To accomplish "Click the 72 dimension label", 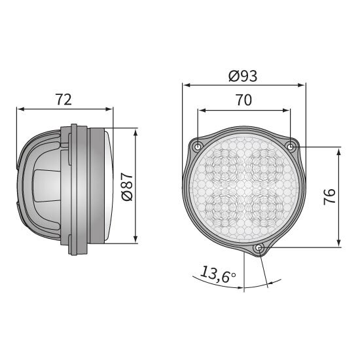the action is (63, 99).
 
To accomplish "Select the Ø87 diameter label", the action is (127, 187).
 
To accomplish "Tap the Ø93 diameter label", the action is (243, 76).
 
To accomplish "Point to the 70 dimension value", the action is (244, 100).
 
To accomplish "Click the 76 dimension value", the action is (329, 197).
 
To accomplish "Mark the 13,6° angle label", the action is (218, 274).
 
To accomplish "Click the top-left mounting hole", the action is (198, 146).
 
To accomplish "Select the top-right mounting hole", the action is (291, 146).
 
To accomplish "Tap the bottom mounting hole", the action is (259, 247).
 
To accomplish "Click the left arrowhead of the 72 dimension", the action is (21, 109).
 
